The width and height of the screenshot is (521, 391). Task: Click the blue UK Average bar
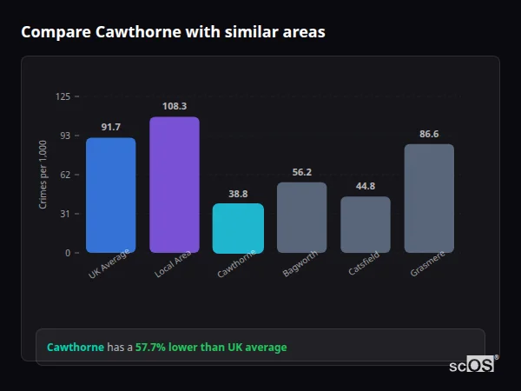click(110, 195)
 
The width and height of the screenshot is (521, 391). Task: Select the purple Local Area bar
click(174, 185)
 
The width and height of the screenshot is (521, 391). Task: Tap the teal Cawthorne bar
click(238, 229)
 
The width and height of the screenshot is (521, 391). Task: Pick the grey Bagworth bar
click(301, 217)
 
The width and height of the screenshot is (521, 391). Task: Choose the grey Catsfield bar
click(365, 224)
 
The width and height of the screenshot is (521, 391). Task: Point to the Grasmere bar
click(429, 198)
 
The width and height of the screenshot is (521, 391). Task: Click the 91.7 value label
click(110, 128)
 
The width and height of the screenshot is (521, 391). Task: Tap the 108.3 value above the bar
click(174, 107)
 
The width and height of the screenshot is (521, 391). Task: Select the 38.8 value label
click(238, 194)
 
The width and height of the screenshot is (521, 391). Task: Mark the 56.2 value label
click(301, 172)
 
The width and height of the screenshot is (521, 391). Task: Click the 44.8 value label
click(365, 186)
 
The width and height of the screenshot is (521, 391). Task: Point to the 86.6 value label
click(429, 134)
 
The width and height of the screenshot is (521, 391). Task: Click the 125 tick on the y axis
click(63, 96)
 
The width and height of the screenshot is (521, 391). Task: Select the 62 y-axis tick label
click(65, 175)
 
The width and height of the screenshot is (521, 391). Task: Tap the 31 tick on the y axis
click(65, 214)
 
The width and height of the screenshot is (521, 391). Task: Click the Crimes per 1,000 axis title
click(43, 175)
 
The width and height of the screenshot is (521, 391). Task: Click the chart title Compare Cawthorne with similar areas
click(173, 32)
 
